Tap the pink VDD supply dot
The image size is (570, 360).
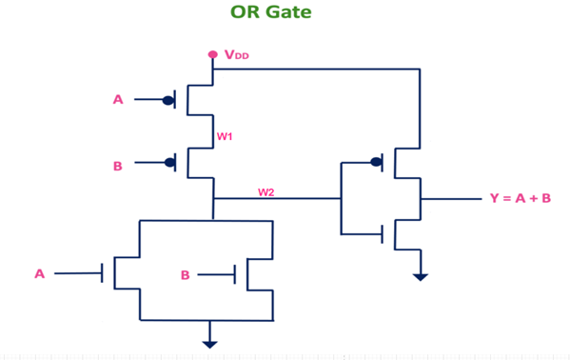click(213, 54)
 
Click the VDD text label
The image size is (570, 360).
click(237, 56)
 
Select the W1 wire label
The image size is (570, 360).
click(226, 136)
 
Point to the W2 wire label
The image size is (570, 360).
click(267, 191)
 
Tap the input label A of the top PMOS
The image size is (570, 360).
click(118, 98)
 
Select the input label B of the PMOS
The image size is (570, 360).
click(118, 166)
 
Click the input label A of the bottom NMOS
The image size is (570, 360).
click(39, 273)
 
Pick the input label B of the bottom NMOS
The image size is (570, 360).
click(186, 275)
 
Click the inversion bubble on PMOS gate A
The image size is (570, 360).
click(168, 99)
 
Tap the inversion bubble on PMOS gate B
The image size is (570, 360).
click(168, 163)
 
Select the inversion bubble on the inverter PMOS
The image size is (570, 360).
click(376, 163)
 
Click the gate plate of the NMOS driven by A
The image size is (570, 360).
click(103, 273)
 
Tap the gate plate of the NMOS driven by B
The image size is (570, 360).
click(236, 274)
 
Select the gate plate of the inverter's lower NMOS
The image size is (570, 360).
click(383, 232)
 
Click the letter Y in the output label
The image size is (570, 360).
click(494, 199)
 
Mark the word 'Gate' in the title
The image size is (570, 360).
click(292, 13)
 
